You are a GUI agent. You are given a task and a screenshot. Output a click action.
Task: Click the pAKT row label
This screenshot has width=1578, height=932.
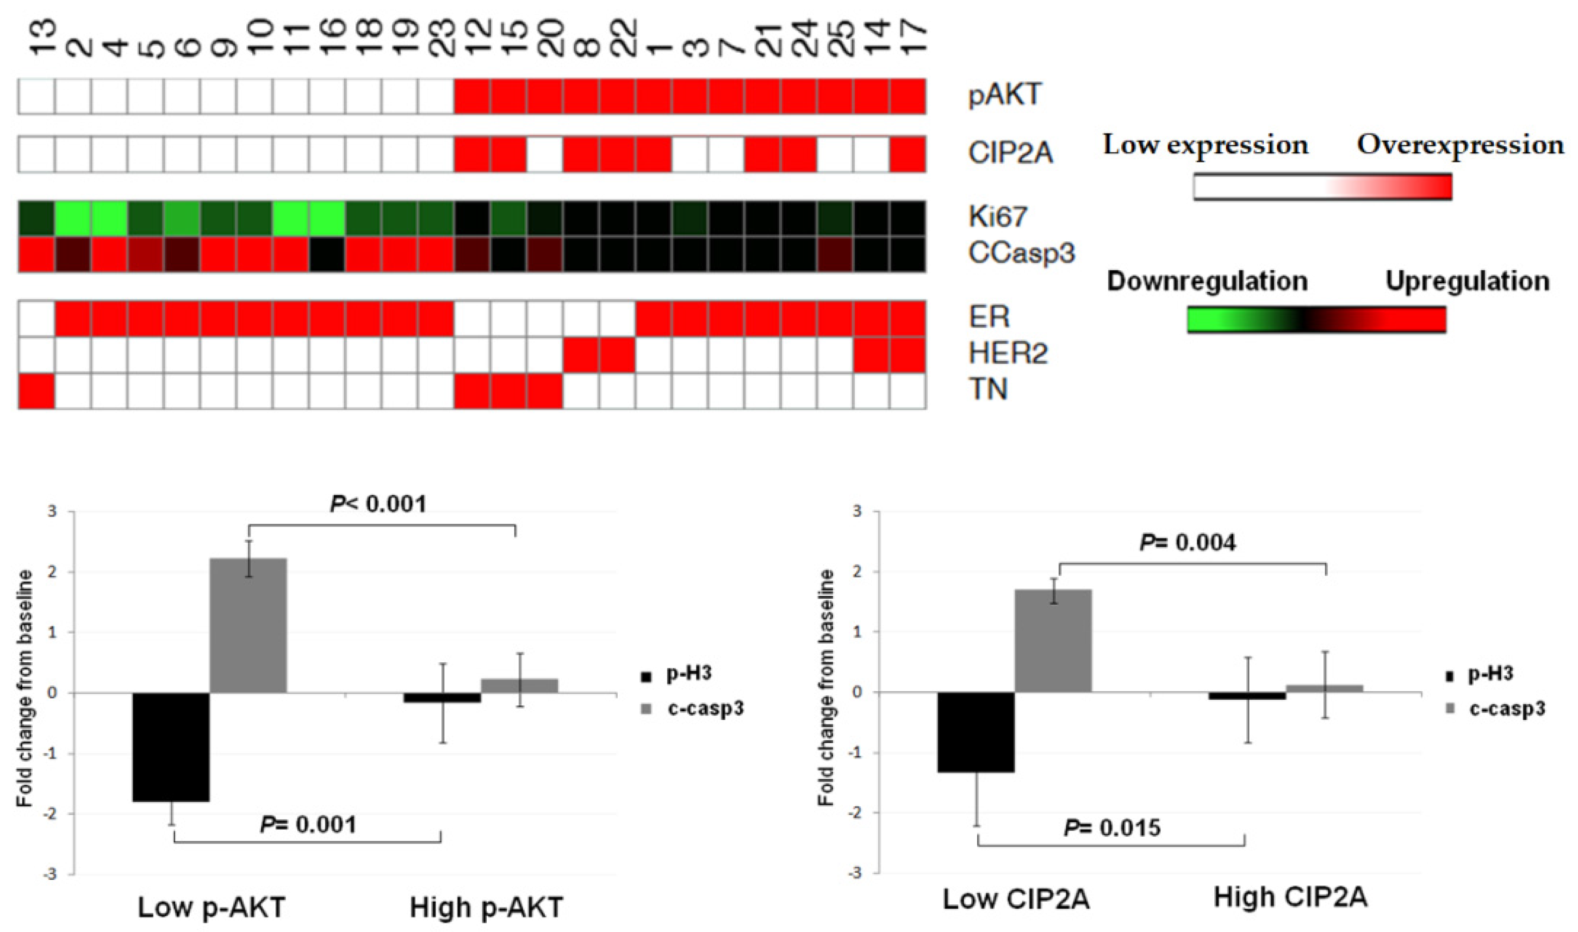coord(1005,96)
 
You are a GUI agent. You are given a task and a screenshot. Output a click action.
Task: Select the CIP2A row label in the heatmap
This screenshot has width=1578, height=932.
coord(1010,154)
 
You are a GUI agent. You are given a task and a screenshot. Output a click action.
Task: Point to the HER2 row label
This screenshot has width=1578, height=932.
coord(1008,354)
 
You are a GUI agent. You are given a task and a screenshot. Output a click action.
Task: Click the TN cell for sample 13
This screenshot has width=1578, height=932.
coord(36,390)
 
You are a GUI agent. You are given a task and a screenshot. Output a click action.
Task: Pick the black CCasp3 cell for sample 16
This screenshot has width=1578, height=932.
coord(326,254)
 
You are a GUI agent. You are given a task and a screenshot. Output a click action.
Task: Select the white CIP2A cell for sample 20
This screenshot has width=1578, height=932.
coord(545,154)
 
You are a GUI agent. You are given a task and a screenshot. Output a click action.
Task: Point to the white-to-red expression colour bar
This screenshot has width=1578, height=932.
coord(1322,187)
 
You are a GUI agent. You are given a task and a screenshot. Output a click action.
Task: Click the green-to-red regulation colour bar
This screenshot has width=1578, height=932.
coord(1316,320)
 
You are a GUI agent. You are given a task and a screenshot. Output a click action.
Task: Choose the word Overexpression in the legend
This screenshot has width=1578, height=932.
coord(1461,145)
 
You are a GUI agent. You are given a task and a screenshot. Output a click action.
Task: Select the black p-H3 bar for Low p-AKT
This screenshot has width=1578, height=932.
coord(171,747)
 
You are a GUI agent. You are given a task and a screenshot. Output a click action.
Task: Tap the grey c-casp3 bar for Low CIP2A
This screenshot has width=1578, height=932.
coord(1053,641)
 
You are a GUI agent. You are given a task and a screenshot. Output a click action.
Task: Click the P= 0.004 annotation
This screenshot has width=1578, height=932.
coord(1188,543)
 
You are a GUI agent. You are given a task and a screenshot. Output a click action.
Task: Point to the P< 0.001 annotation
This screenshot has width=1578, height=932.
coord(378,504)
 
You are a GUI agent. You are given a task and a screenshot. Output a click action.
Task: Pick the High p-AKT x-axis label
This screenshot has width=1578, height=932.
coord(486,908)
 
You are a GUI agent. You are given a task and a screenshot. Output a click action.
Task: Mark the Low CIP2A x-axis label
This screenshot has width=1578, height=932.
coord(1016,899)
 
